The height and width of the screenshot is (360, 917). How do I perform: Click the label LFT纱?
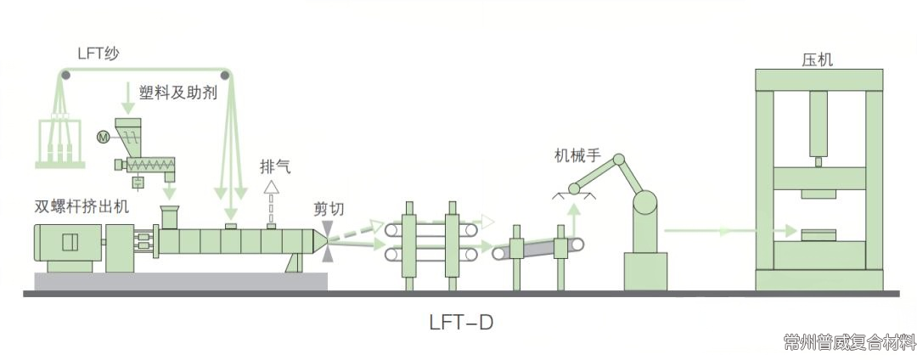[x=94, y=53]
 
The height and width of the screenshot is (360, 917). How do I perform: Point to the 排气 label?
[x=275, y=166]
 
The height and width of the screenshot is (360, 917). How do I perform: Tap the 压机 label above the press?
[x=817, y=60]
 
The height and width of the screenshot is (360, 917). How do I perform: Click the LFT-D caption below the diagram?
[x=461, y=323]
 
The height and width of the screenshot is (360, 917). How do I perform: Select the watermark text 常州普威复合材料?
[x=850, y=343]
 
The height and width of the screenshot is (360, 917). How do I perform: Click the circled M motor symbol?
[x=104, y=137]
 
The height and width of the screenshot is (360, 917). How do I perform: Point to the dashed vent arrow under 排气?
[x=272, y=200]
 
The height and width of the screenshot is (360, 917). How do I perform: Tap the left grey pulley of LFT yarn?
[x=65, y=76]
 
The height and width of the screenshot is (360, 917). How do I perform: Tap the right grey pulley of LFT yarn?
[x=230, y=76]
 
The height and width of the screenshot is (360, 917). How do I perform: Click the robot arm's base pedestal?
[x=645, y=269]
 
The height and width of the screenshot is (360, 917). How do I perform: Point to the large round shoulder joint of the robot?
[x=644, y=202]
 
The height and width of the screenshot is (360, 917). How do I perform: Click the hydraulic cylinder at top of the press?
[x=818, y=126]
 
